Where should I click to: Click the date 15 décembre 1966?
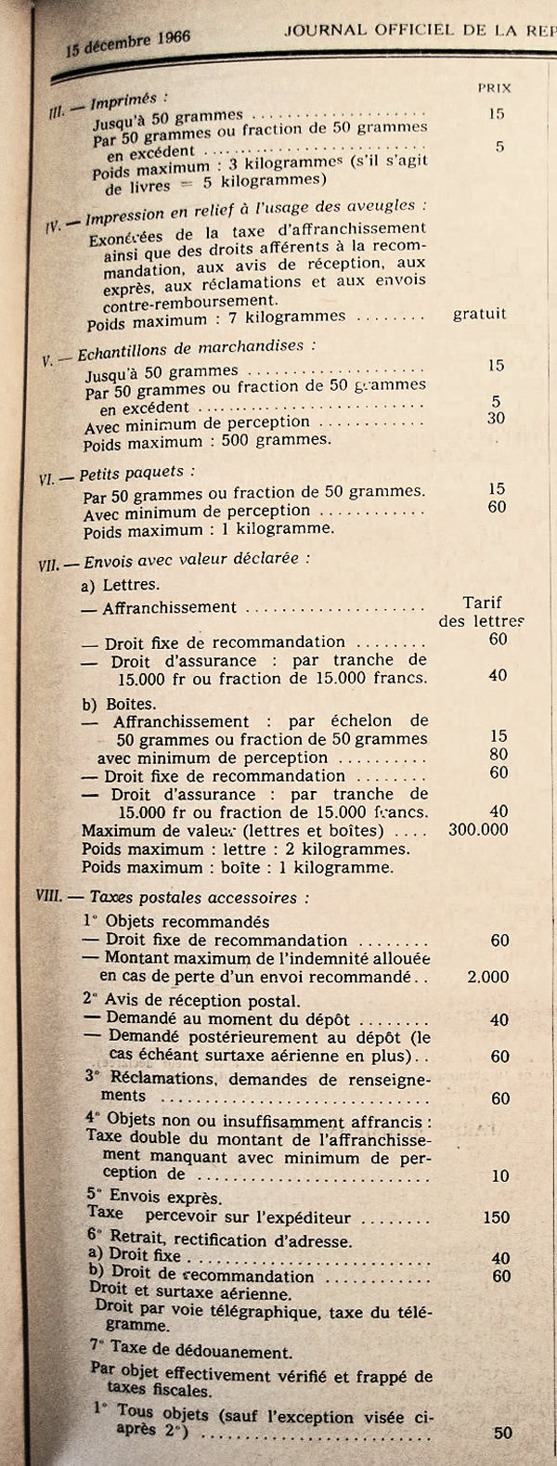127,43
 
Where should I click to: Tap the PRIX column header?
494,88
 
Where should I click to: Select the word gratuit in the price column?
479,314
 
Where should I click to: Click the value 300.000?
478,829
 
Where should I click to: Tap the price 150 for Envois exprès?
496,1217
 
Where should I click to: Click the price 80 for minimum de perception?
499,755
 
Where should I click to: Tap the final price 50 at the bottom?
502,1433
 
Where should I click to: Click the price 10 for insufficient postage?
500,1175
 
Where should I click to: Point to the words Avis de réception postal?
202,1001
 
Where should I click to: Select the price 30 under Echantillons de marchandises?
496,419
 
